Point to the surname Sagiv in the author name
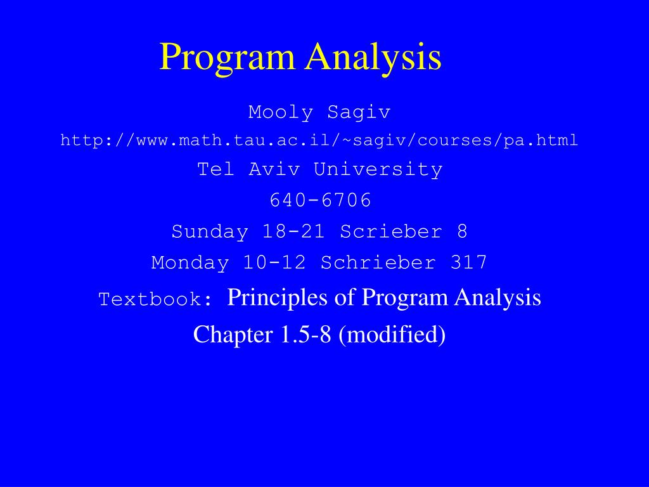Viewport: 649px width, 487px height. coord(359,112)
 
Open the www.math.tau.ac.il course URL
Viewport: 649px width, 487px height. coord(319,140)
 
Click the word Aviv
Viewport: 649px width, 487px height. coord(274,169)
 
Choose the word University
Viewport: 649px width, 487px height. coord(378,169)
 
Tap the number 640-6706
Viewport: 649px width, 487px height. coord(320,200)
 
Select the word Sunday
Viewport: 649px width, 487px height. coord(210,231)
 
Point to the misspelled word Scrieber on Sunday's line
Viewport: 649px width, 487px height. coord(391,231)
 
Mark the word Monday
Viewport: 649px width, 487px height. coord(190,262)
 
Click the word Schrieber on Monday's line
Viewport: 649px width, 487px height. coord(378,262)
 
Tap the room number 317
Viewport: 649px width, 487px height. coord(469,262)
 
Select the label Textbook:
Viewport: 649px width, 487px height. coord(156,299)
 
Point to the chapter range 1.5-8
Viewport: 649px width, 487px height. coord(304,334)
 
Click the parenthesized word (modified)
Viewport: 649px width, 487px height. coord(392,334)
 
